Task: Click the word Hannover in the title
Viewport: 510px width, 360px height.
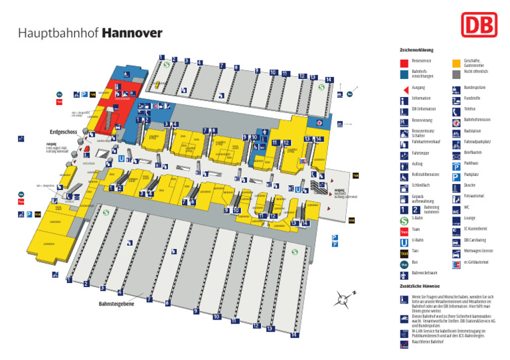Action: pos(132,33)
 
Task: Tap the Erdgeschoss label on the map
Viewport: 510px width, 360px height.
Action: pos(64,132)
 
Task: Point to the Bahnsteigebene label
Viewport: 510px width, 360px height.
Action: pos(116,304)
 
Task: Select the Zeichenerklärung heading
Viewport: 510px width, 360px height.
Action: pos(416,50)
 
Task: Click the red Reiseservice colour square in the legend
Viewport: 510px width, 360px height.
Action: pos(404,62)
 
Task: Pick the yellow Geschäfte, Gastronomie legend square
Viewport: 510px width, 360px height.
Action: pos(456,62)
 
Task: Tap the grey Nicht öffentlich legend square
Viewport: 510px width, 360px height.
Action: pos(456,74)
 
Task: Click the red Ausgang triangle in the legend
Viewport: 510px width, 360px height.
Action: pos(404,88)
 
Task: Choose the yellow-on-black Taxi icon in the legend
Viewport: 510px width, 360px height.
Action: pos(404,252)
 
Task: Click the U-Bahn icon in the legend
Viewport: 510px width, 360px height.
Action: pos(404,241)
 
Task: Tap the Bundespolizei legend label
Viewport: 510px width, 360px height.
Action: pos(475,88)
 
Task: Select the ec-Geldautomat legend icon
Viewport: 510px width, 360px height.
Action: pos(456,263)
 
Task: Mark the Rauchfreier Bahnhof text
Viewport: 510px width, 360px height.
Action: pos(427,341)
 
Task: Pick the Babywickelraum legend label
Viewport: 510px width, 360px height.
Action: pos(424,273)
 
